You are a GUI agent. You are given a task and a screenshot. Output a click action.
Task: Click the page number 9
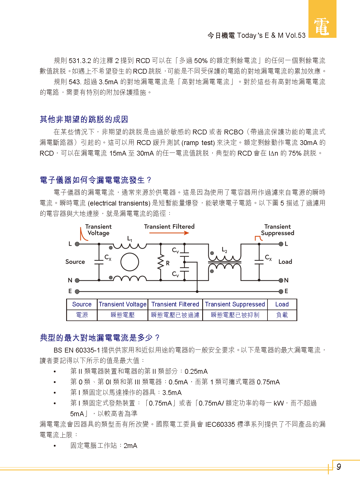tap(339, 467)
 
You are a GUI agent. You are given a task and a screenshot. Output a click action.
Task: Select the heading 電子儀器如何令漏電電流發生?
tap(95, 180)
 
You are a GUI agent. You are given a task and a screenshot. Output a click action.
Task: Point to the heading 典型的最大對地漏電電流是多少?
tap(99, 338)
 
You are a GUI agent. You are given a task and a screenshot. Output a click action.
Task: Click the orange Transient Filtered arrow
tap(169, 233)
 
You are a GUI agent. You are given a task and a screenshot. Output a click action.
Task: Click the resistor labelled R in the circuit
tap(161, 262)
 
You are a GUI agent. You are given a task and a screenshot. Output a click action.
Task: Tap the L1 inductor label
tap(130, 238)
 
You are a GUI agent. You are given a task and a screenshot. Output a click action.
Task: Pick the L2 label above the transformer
tap(225, 250)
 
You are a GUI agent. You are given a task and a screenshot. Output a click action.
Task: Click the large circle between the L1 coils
tap(129, 262)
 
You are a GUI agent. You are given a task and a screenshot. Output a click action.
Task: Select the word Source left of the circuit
tap(75, 262)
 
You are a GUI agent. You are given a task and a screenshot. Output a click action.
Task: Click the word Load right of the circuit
tap(285, 262)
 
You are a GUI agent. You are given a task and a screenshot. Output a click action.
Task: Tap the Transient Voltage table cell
tap(123, 304)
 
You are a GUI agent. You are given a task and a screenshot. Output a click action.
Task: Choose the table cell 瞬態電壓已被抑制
tap(235, 315)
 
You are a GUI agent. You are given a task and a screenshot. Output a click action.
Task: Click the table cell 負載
tap(282, 315)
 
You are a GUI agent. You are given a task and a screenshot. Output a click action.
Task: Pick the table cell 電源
tap(82, 315)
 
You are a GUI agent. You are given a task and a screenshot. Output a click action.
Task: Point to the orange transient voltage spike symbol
tap(83, 234)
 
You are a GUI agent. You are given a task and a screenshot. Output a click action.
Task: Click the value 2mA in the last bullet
tap(130, 446)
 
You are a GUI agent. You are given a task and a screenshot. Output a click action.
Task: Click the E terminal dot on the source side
tap(77, 292)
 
